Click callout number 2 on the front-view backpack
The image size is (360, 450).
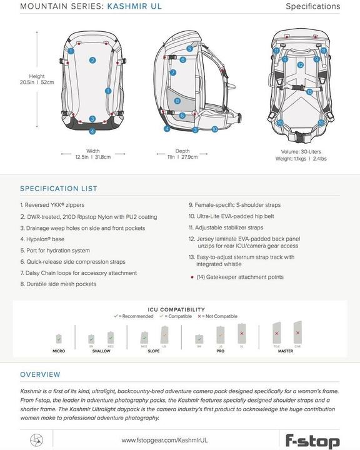(x=92, y=61)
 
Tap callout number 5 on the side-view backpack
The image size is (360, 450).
(x=189, y=48)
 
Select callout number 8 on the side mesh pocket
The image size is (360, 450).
(x=177, y=101)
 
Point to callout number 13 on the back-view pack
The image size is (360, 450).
(x=309, y=92)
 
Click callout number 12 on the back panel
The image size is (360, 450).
(x=300, y=64)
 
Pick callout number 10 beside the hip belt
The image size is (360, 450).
(x=214, y=129)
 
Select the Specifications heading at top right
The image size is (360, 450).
(x=312, y=7)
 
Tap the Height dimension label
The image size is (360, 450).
(x=37, y=76)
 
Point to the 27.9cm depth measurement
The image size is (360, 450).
(x=189, y=157)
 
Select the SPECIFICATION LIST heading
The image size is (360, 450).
(x=58, y=189)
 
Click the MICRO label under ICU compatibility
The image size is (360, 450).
(x=59, y=351)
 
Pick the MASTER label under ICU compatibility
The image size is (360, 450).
(x=285, y=351)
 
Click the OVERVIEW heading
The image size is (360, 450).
(x=40, y=374)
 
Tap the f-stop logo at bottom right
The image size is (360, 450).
(x=312, y=440)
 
